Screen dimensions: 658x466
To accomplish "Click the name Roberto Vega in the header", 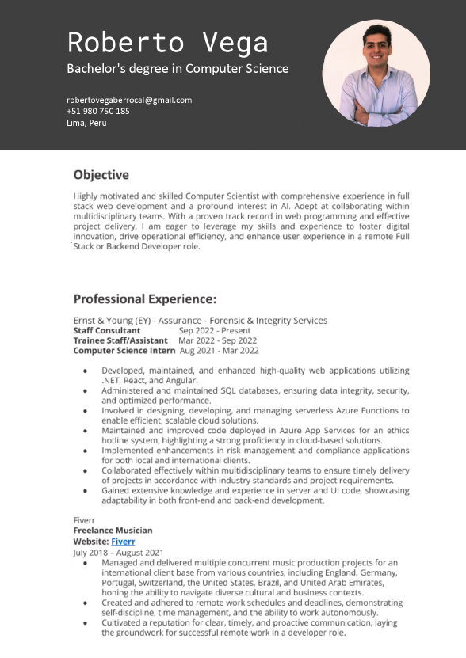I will tap(167, 42).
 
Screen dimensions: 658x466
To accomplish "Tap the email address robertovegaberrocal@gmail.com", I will tap(129, 100).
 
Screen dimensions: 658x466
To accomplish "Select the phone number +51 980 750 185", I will tap(98, 112).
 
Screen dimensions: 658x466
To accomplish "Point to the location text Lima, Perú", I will tap(86, 124).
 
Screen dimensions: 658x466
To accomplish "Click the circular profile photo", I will tap(376, 73).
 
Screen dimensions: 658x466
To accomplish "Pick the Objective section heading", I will tap(101, 174).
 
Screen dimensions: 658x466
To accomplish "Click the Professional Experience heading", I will tap(144, 299).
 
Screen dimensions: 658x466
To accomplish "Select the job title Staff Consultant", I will tap(107, 330).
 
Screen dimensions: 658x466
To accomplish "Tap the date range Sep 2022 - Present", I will tap(215, 330).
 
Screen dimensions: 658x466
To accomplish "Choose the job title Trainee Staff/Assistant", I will tap(120, 340).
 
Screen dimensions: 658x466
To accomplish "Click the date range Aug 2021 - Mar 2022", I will tap(219, 351).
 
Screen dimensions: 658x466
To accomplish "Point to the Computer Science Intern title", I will tap(124, 351).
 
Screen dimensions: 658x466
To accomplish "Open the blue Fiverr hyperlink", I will tap(123, 542).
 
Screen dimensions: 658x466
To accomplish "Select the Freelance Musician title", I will tap(113, 531).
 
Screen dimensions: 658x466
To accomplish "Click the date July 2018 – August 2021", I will tap(118, 552).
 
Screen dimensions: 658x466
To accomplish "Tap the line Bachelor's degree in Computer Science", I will tap(178, 69).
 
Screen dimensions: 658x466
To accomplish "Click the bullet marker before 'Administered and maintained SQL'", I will tap(86, 391).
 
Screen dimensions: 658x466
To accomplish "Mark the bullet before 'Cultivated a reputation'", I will tap(86, 623).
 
